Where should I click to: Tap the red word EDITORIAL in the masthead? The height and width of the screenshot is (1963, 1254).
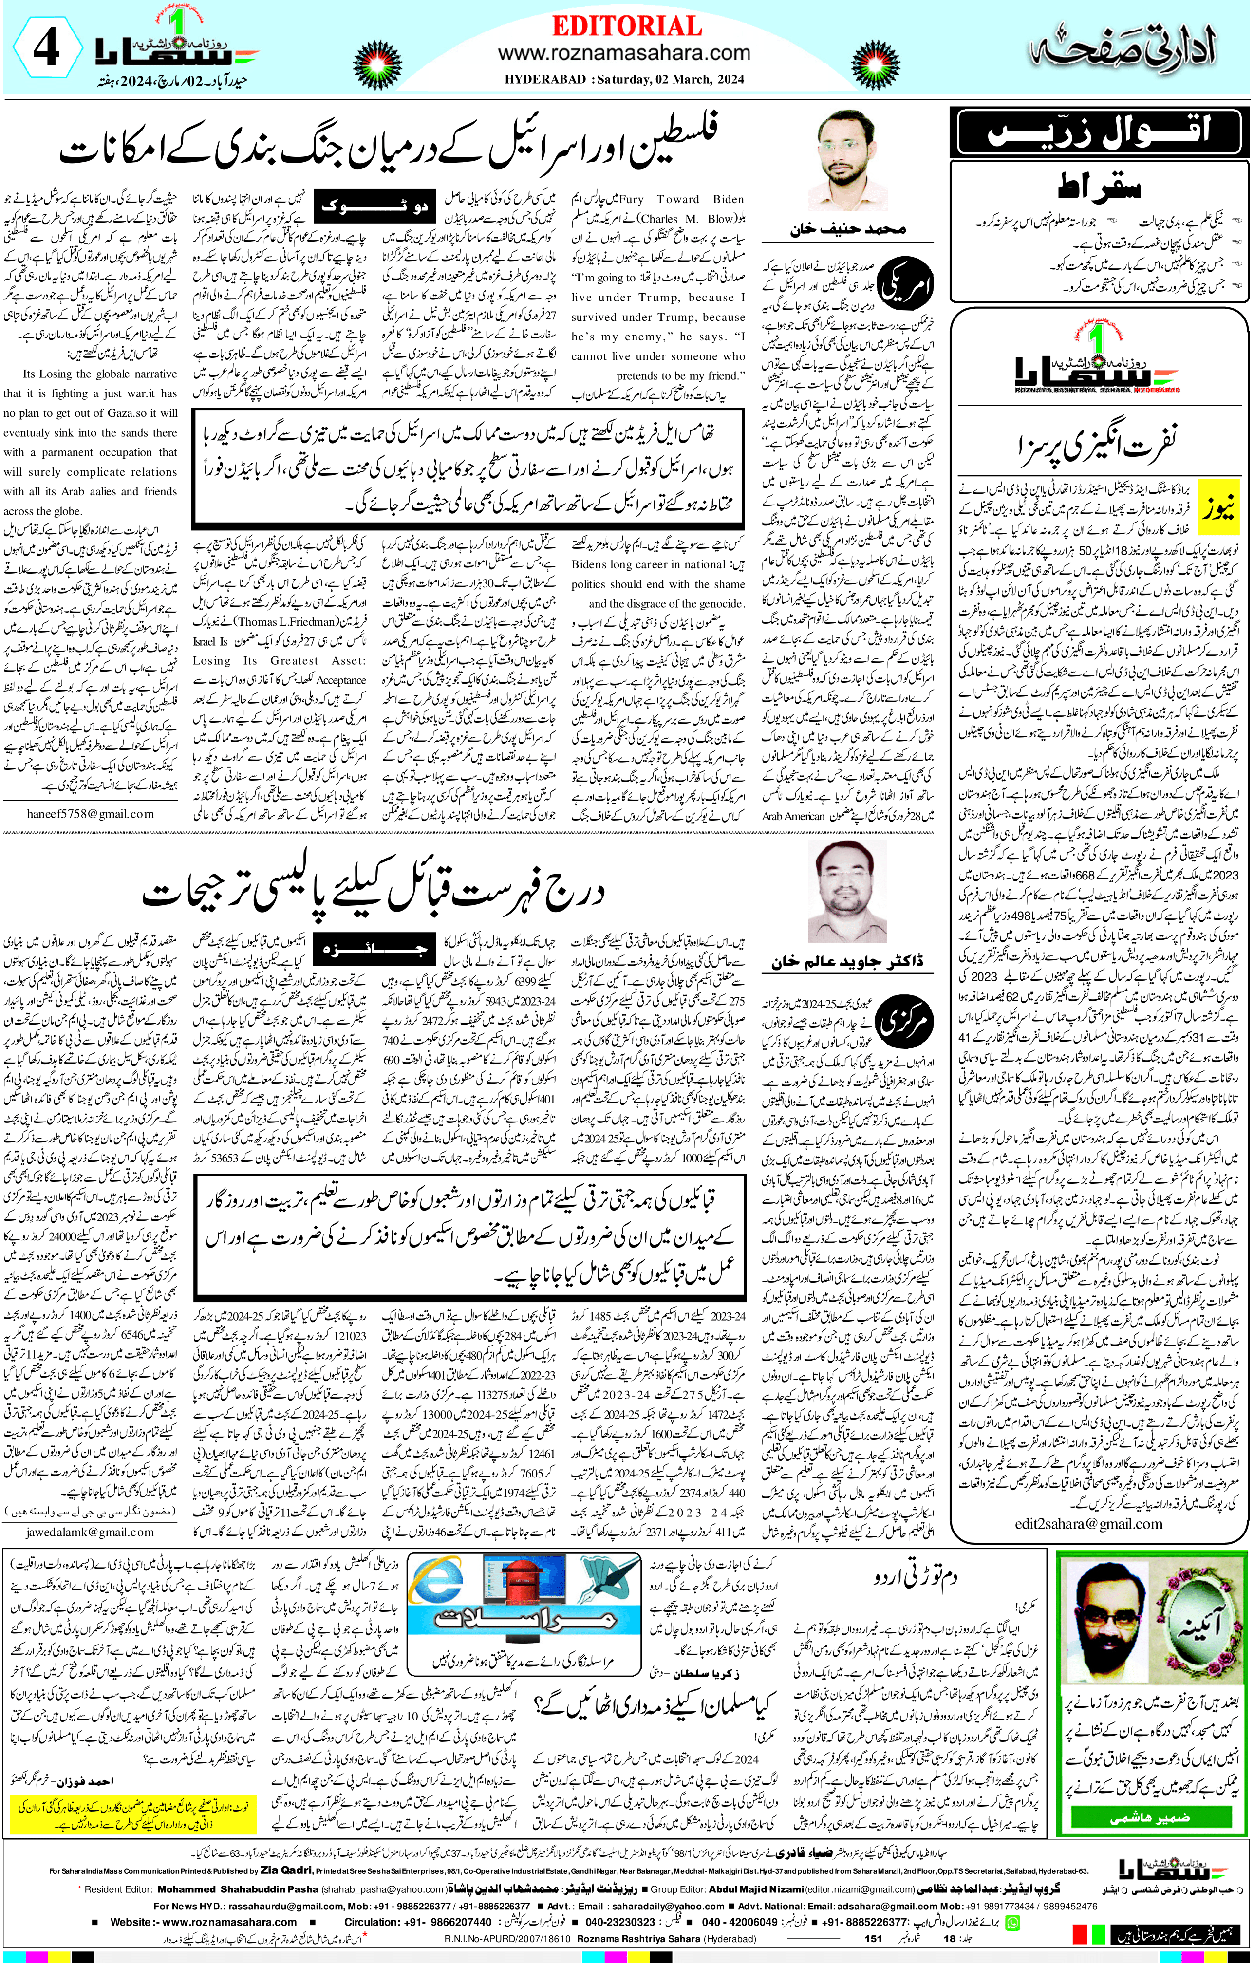[x=626, y=26]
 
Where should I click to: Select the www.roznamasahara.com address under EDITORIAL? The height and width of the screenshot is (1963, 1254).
[x=624, y=54]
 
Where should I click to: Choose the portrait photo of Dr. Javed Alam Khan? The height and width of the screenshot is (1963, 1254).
[x=847, y=891]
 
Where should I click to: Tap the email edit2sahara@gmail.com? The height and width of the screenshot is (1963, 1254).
[x=1088, y=1524]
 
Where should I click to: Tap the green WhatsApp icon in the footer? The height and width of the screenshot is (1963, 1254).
[x=1012, y=1922]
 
